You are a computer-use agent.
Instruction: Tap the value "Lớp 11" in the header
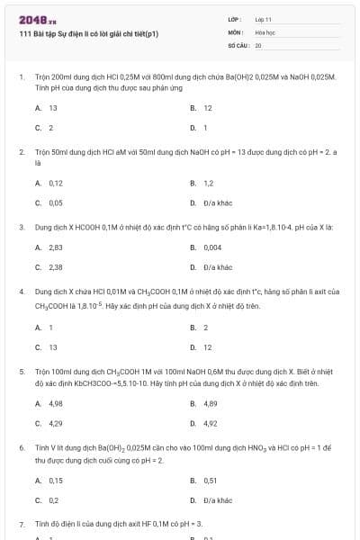tap(264, 18)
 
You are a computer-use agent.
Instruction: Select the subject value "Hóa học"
tap(265, 31)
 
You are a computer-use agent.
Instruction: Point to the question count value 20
tap(258, 43)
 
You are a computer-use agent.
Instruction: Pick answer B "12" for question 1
tap(207, 108)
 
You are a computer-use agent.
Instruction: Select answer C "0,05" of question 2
tap(55, 203)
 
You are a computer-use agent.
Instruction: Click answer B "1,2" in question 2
tap(208, 183)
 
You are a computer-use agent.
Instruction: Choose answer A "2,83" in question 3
tap(55, 247)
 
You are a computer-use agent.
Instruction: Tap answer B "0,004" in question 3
tap(212, 247)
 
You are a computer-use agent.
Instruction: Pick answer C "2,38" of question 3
tap(55, 267)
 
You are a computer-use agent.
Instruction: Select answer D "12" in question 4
tap(207, 346)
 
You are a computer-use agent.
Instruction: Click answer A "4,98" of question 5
tap(55, 402)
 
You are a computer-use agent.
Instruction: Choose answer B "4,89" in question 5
tap(211, 402)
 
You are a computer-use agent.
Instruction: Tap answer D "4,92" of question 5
tap(211, 422)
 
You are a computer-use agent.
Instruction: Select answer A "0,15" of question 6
tap(55, 480)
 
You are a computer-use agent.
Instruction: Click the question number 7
tap(22, 523)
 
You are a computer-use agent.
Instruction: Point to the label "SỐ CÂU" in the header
tap(238, 43)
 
